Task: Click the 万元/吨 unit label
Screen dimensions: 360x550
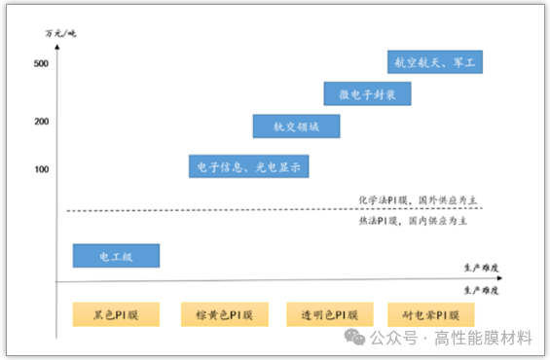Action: coord(60,34)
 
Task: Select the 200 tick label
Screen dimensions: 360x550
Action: coord(41,122)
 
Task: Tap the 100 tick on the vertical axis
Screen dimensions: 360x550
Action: coord(41,170)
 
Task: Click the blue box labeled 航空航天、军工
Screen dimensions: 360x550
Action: coord(435,62)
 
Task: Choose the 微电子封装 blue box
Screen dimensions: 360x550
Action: coord(367,93)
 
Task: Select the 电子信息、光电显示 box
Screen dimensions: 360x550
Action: coord(249,166)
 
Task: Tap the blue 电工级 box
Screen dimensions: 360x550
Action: coord(116,256)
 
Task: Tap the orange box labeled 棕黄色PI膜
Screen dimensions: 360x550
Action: coord(224,314)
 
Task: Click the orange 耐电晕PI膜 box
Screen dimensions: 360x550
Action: coord(430,314)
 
